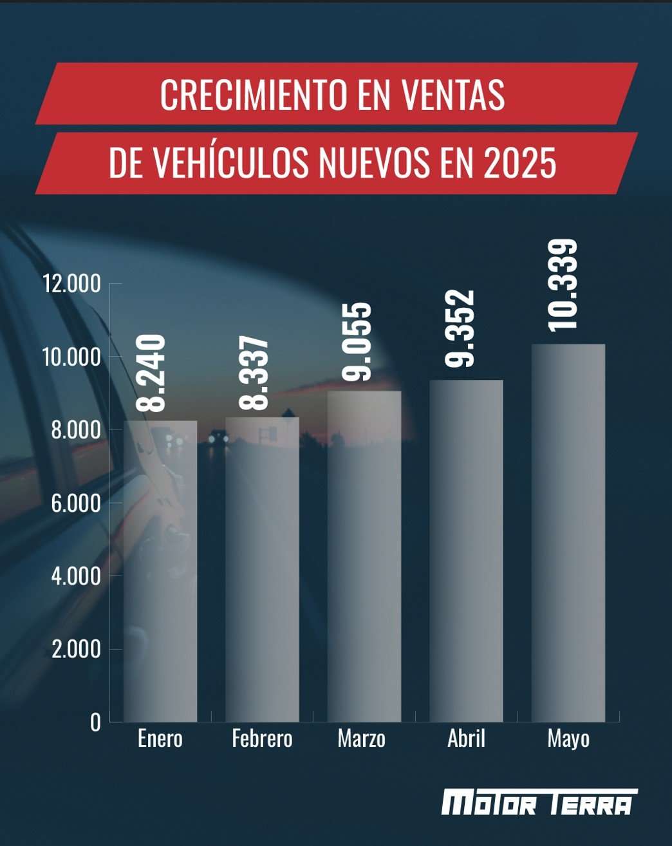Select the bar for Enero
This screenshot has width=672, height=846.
click(x=160, y=571)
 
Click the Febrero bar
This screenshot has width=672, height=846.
click(x=262, y=569)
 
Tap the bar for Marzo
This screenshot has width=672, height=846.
click(x=364, y=556)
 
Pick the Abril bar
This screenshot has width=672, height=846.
click(x=466, y=550)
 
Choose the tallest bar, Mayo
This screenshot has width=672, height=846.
click(x=568, y=533)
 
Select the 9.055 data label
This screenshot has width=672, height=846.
click(x=356, y=342)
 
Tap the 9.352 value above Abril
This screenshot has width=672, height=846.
click(x=459, y=328)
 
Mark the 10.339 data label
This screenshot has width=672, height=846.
click(x=563, y=285)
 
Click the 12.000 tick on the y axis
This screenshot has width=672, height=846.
click(x=72, y=283)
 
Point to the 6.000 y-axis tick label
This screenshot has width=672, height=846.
click(x=76, y=503)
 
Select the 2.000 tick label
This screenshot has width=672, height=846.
click(x=76, y=649)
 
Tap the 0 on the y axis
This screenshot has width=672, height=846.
click(x=95, y=722)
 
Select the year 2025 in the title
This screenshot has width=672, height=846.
click(x=520, y=162)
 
